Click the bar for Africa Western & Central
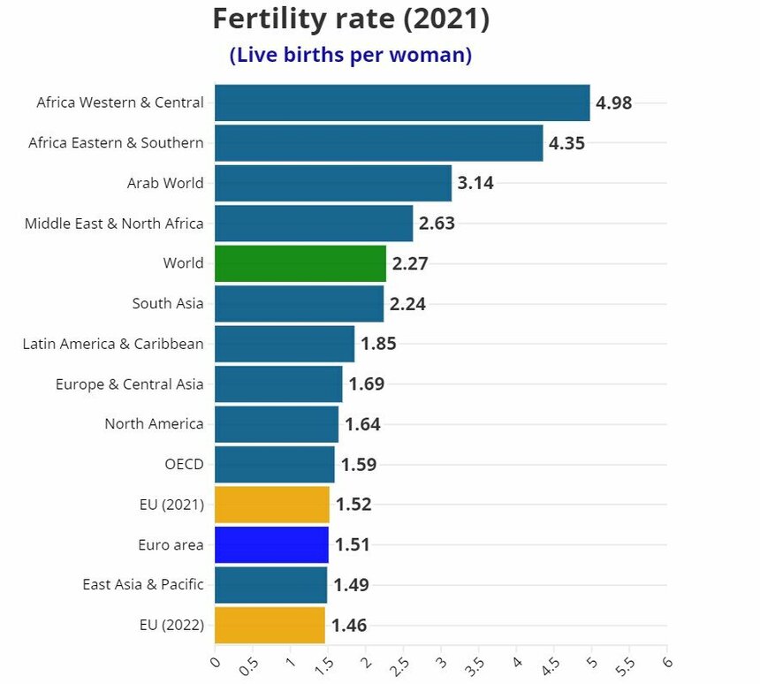click(402, 103)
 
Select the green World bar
click(300, 263)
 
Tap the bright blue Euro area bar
click(271, 544)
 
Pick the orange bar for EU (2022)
click(270, 625)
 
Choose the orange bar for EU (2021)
click(271, 505)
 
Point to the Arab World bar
click(333, 183)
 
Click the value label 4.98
click(614, 103)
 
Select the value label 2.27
click(410, 263)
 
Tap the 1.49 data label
click(351, 585)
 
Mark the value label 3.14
click(475, 184)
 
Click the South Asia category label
click(168, 303)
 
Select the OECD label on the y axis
click(184, 464)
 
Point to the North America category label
click(154, 423)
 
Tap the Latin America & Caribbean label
click(113, 344)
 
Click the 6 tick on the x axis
click(666, 662)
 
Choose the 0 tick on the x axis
click(215, 662)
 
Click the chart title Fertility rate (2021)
click(351, 19)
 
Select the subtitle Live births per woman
click(351, 55)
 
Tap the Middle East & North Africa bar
click(314, 224)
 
